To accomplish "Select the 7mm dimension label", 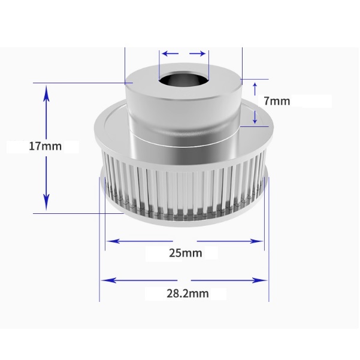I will pyautogui.click(x=276, y=101).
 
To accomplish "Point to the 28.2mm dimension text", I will pyautogui.click(x=185, y=294).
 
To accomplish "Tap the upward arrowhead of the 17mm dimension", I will pyautogui.click(x=47, y=90).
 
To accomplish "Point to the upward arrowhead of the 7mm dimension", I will pyautogui.click(x=255, y=84).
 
